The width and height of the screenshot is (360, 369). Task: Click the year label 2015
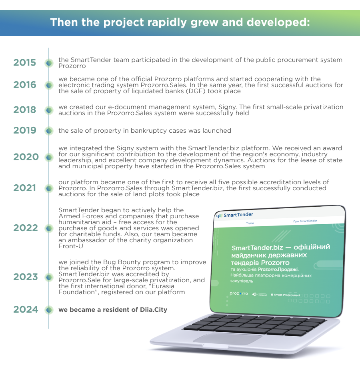24,63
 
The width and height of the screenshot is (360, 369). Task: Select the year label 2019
25,130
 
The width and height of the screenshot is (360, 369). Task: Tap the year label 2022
26,228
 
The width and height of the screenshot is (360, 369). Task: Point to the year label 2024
26,309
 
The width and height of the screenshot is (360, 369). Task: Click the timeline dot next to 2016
49,85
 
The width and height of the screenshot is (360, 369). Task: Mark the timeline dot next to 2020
49,157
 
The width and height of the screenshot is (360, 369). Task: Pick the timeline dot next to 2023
49,277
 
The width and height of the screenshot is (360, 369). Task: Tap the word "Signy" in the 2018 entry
227,107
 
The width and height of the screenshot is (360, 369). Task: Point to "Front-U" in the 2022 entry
71,246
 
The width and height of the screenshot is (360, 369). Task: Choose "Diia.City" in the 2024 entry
154,310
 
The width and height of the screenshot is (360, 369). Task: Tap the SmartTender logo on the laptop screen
234,215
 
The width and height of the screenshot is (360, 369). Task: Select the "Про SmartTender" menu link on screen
305,221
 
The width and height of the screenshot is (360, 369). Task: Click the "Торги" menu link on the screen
250,223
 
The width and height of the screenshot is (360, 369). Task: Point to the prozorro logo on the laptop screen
239,293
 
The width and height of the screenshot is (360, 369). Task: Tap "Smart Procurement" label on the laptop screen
286,295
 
